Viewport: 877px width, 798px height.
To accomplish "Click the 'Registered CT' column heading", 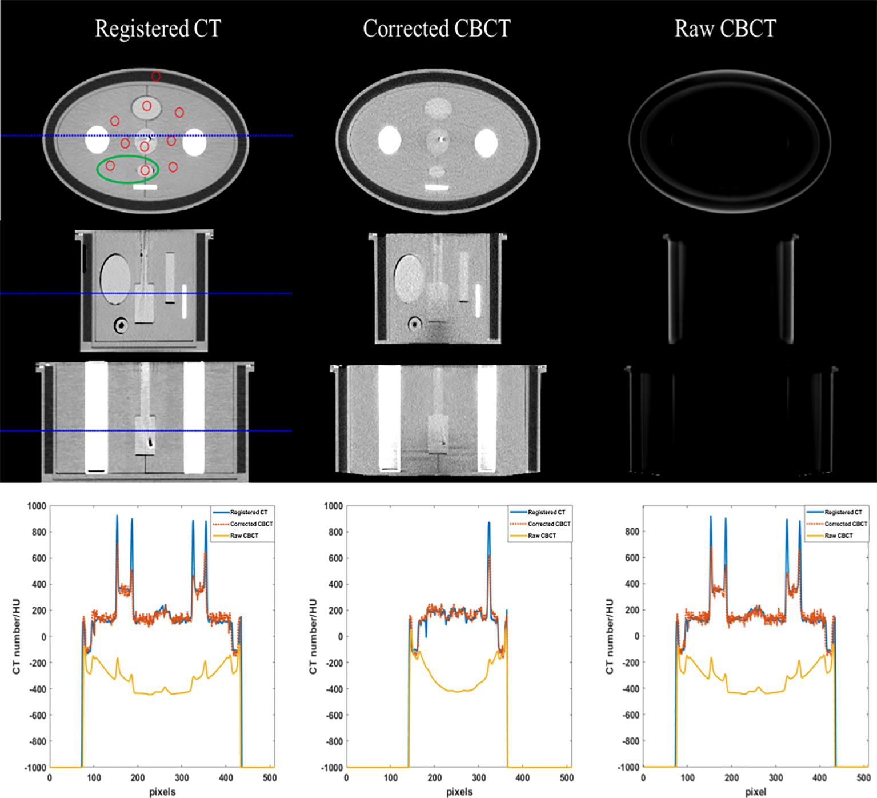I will point(158,29).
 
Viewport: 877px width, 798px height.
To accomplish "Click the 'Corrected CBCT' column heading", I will point(437,29).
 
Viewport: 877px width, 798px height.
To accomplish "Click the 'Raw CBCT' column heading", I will point(725,29).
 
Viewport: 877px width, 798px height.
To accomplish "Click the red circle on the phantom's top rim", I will point(155,76).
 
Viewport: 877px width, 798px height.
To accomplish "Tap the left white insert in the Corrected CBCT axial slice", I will point(390,140).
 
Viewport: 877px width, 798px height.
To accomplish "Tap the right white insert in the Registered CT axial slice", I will point(194,142).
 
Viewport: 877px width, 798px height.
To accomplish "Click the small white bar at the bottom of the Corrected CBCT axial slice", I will point(437,187).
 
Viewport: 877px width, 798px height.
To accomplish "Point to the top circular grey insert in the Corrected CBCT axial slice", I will point(438,107).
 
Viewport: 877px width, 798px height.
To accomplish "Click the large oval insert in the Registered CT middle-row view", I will point(115,279).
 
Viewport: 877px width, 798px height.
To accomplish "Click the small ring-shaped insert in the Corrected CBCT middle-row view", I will point(414,325).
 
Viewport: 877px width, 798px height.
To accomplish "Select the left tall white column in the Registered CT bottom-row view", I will point(96,417).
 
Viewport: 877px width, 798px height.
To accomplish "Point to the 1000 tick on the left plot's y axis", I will point(37,506).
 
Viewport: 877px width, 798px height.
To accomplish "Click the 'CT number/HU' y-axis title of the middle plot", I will point(313,636).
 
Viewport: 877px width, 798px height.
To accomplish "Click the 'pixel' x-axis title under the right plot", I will point(755,792).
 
